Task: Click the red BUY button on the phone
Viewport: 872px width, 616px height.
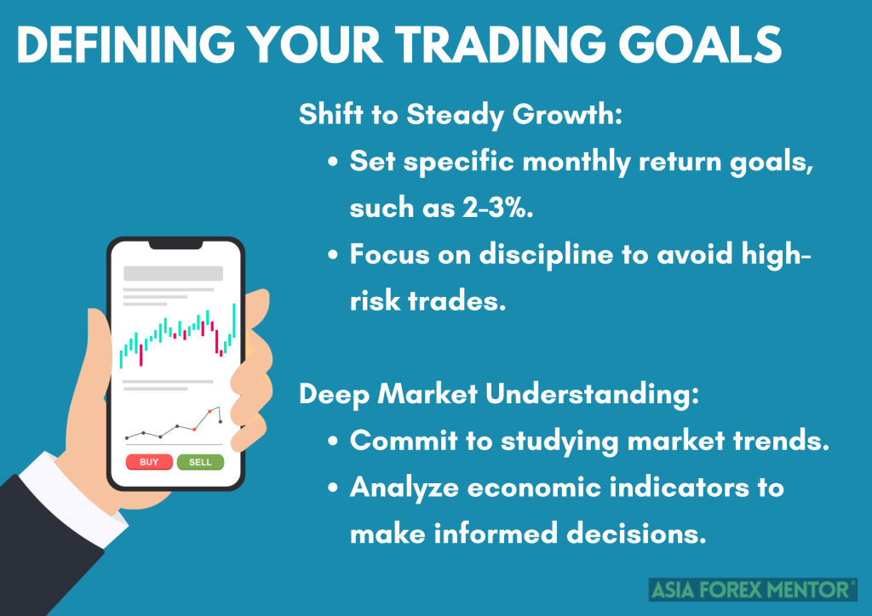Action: point(149,462)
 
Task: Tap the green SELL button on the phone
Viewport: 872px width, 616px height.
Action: point(200,462)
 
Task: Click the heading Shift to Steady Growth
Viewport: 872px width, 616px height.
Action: point(461,115)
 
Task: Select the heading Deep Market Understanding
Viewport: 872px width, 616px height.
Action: point(499,394)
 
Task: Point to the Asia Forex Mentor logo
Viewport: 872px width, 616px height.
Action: point(753,589)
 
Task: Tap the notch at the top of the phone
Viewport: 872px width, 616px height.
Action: point(175,245)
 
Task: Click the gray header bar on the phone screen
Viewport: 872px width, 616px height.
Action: point(174,274)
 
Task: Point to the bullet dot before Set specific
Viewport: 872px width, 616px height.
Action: point(334,162)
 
